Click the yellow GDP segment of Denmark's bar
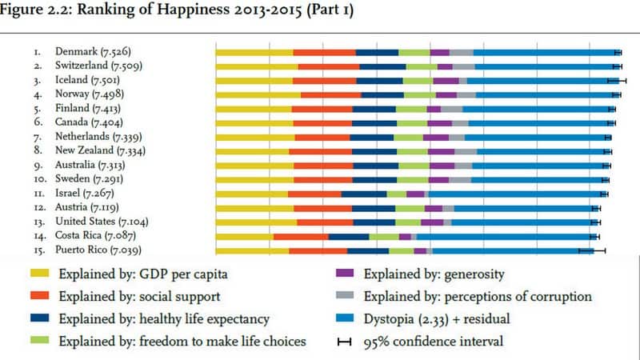(x=254, y=52)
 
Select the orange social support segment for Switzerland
(x=328, y=66)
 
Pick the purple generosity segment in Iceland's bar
(x=446, y=80)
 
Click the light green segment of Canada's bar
(x=412, y=123)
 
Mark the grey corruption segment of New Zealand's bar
(x=466, y=151)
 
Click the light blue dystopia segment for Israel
(x=516, y=194)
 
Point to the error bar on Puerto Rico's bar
(x=592, y=250)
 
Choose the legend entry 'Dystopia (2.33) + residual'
(x=436, y=319)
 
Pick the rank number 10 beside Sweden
(x=38, y=179)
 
